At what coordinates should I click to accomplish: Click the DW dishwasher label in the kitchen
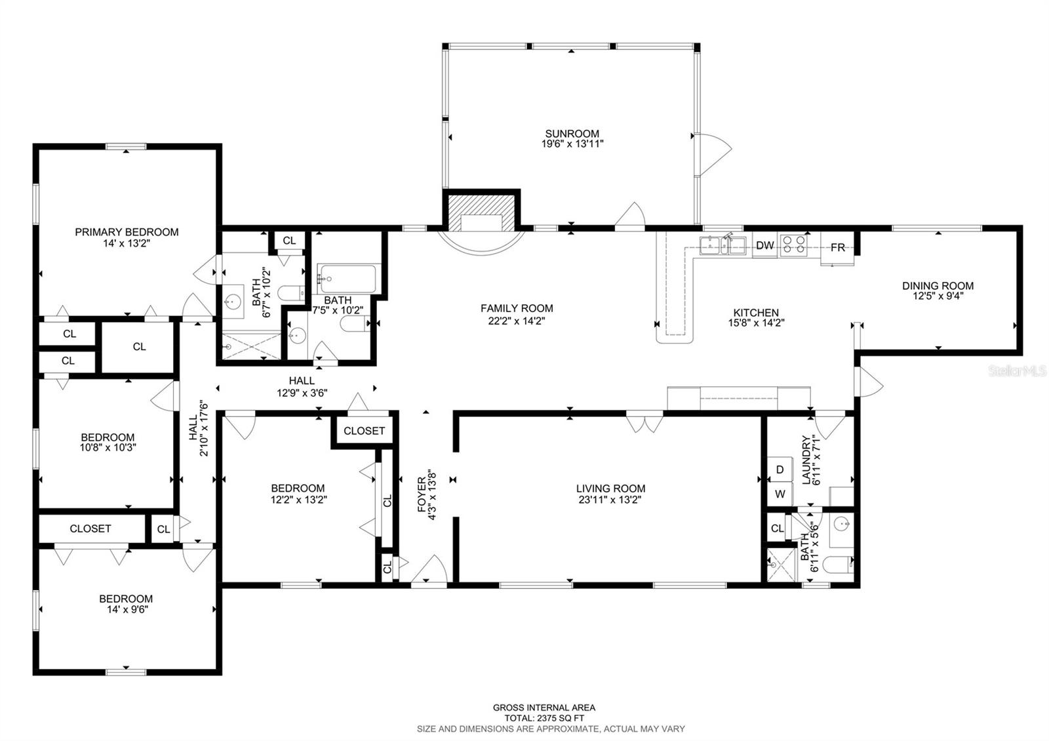coord(765,246)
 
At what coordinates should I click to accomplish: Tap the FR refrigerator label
coord(837,247)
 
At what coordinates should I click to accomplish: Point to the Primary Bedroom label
coord(127,232)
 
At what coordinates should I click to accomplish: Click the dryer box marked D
coord(780,470)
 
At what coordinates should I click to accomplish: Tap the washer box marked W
coord(780,494)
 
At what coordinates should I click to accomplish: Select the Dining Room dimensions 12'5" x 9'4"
coord(938,296)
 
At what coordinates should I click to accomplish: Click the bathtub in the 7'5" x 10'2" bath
coord(347,279)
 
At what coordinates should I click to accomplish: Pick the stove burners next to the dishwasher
coord(793,245)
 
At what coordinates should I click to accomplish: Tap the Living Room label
coord(610,489)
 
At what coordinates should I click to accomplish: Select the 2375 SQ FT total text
coord(544,718)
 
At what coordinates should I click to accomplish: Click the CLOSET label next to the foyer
coord(364,431)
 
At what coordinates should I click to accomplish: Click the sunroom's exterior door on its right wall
coord(713,154)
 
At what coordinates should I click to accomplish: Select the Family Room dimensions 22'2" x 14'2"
coord(517,321)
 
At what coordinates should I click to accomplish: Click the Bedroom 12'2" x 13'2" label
coord(298,489)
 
